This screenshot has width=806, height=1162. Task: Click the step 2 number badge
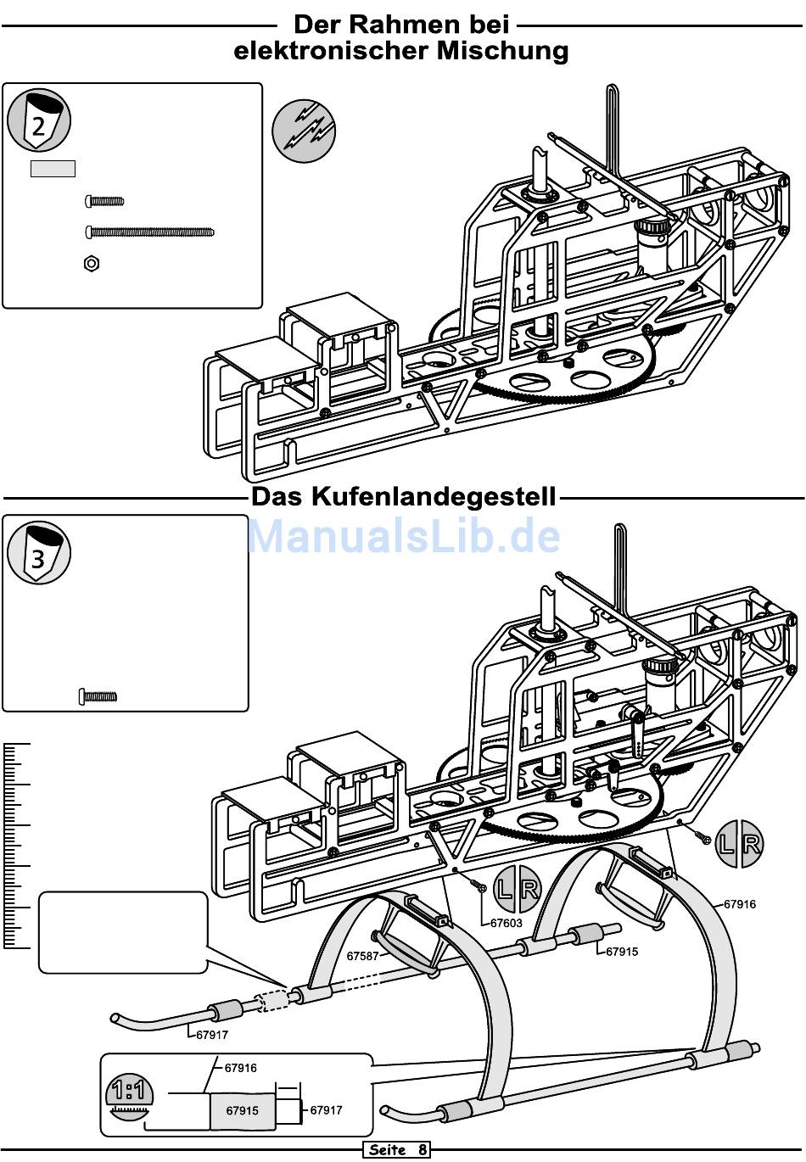coord(39,120)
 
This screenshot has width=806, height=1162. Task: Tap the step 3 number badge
coord(39,554)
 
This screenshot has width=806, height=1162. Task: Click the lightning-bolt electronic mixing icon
coord(304,131)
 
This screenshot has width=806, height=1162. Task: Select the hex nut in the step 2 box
coord(92,263)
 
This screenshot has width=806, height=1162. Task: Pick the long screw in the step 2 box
coord(149,231)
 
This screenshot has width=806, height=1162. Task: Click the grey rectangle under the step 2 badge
coord(53,169)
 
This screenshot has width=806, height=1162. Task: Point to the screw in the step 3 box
coord(98,696)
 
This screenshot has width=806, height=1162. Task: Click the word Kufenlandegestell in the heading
coord(434,496)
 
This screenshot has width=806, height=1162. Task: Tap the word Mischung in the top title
coord(502,51)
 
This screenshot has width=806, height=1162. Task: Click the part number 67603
coord(506,923)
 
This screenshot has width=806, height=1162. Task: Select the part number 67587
coord(362,956)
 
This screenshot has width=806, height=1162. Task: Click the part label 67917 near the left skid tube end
coord(211,1035)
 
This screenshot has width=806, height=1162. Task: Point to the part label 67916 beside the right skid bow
coord(739,904)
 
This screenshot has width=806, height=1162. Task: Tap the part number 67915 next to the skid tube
coord(621,952)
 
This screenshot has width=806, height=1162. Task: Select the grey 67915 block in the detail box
coord(243,1110)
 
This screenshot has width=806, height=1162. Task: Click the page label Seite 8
coord(396,1150)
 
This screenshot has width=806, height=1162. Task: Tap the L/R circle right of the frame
coord(739,844)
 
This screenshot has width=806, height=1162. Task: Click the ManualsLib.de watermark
coord(404,536)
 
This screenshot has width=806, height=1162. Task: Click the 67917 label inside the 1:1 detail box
coord(327,1109)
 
